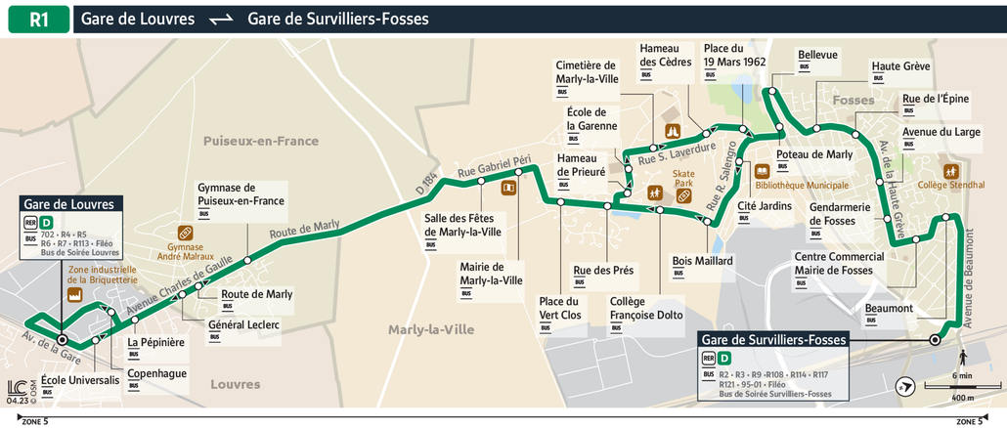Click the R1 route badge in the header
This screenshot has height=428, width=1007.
[x=38, y=19]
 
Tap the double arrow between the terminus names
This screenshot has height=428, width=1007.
[x=221, y=20]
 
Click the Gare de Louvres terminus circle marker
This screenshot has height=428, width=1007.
[x=62, y=340]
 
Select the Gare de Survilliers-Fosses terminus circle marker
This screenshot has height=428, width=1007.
[x=935, y=340]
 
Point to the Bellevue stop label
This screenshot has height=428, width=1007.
[x=817, y=55]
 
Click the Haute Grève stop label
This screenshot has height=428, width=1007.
[x=900, y=65]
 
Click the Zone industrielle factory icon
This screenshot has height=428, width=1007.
[x=73, y=294]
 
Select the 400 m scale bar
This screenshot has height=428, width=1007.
[x=961, y=388]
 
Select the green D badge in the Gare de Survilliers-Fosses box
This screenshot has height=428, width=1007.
[x=724, y=359]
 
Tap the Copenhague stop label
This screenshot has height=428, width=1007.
[x=156, y=373]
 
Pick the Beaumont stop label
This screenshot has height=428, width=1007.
[x=890, y=308]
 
